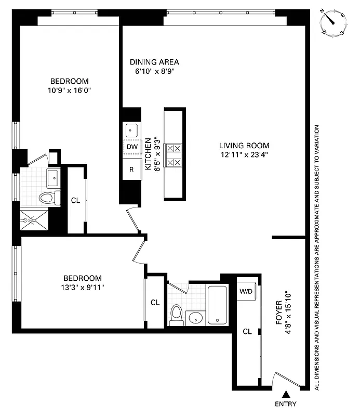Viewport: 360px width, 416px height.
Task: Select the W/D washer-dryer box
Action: click(246, 291)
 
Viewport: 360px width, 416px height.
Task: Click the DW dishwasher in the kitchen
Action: click(131, 147)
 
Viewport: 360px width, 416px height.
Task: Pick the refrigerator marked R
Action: click(131, 168)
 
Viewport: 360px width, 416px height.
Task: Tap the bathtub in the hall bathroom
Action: click(218, 305)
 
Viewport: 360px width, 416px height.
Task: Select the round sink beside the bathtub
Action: click(196, 318)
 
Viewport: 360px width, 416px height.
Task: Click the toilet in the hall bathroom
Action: click(176, 315)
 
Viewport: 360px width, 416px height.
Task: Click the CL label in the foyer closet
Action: click(247, 331)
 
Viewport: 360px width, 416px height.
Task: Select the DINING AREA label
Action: click(154, 62)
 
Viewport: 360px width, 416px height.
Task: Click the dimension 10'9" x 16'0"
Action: click(69, 90)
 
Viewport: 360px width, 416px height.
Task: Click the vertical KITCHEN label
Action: click(148, 154)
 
